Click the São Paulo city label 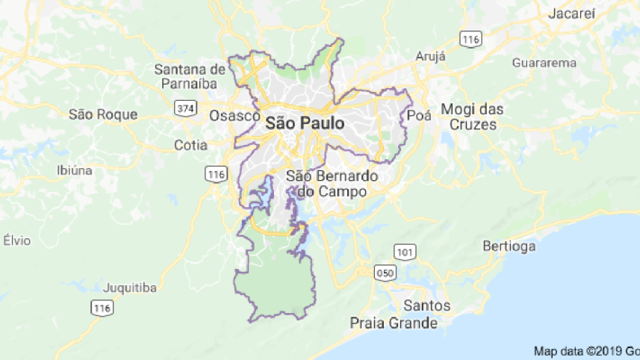click(305, 124)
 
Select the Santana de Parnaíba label click(190, 76)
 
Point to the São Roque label click(103, 114)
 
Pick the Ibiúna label click(75, 170)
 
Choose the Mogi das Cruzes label click(472, 117)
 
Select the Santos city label click(426, 305)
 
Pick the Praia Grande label click(394, 323)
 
